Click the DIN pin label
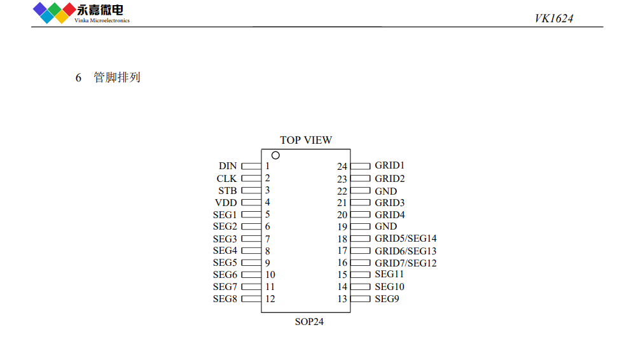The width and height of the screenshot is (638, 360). (228, 166)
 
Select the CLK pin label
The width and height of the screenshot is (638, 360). (226, 179)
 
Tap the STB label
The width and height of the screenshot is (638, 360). (228, 191)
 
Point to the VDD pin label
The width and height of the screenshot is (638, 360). (226, 202)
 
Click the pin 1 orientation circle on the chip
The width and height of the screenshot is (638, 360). (275, 155)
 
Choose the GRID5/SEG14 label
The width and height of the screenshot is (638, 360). (406, 239)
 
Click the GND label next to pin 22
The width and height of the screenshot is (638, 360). (385, 191)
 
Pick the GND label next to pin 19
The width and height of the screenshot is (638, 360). (385, 226)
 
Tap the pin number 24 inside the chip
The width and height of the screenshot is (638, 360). (342, 167)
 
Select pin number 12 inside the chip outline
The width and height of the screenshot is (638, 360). (270, 299)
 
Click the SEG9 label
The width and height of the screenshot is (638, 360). (387, 299)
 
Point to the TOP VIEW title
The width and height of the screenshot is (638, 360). (306, 140)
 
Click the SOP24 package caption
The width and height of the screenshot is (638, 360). (309, 322)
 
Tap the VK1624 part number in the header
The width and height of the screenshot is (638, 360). (554, 18)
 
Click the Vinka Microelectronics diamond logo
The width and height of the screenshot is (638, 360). (54, 13)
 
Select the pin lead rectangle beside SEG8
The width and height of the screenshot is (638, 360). (251, 299)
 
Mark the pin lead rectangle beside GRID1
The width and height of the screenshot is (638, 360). (361, 166)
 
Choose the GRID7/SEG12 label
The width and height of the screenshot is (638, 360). (406, 263)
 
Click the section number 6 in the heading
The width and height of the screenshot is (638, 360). (78, 78)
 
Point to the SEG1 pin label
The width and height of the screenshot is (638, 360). (225, 215)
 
